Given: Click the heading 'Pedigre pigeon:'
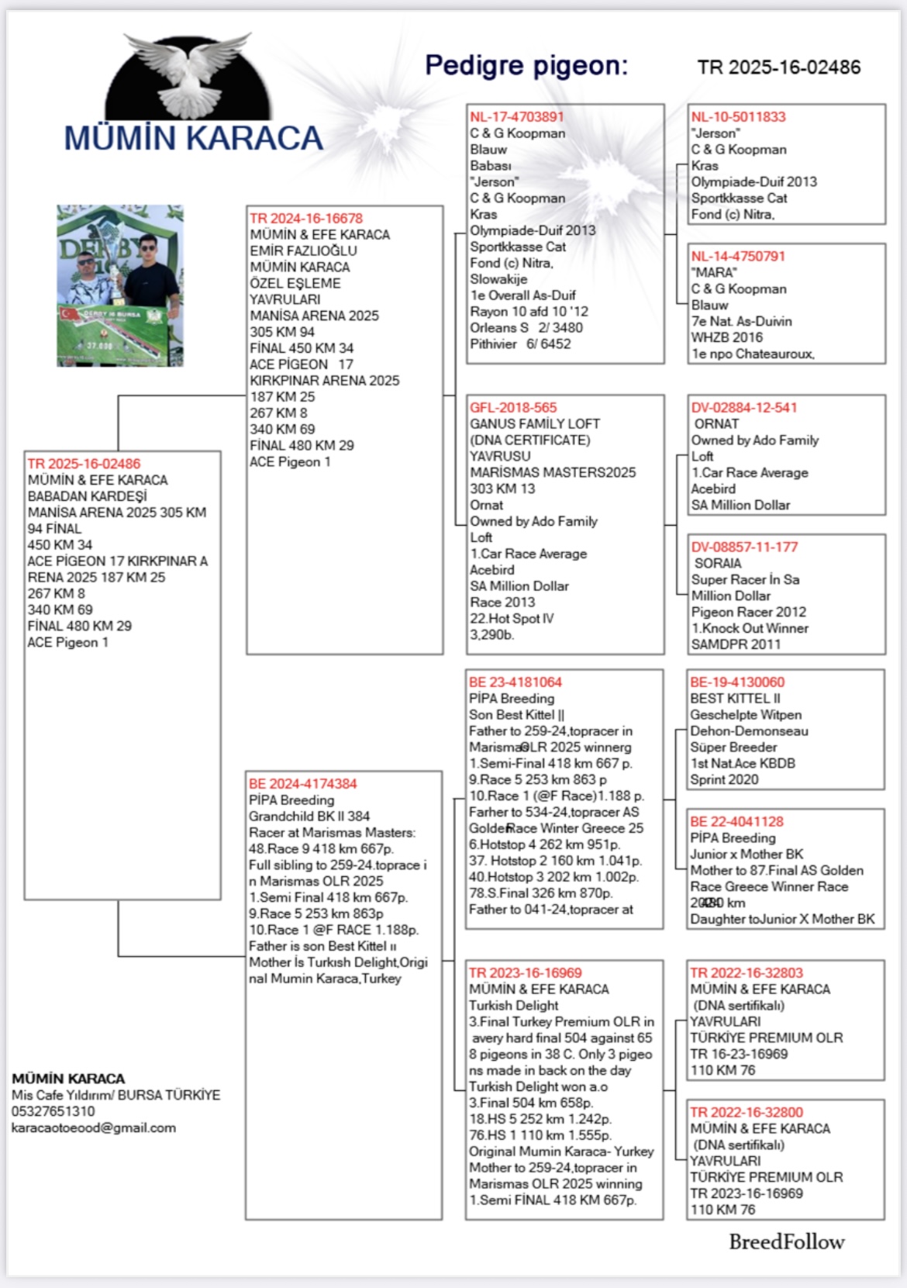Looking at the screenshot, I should (x=526, y=66).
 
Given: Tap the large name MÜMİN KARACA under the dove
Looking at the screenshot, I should (x=193, y=138).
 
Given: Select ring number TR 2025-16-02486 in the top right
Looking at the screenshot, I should (x=778, y=67).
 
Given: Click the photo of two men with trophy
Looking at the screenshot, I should (x=120, y=285).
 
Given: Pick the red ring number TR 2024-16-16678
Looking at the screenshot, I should (x=306, y=219).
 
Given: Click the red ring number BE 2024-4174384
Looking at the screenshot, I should (x=303, y=784).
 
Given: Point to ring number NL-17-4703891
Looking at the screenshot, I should (x=517, y=117).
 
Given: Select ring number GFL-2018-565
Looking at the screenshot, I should (x=513, y=408).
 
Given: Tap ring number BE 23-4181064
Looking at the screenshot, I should (x=516, y=682).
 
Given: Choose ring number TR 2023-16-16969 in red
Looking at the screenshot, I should (x=526, y=973).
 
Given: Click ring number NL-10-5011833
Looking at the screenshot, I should (x=739, y=117).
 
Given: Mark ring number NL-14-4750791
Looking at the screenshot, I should (x=739, y=257).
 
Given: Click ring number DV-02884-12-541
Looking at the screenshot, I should (x=744, y=408).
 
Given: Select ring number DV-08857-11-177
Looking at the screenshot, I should (x=744, y=547).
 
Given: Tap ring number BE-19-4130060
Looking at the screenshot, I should (x=737, y=682).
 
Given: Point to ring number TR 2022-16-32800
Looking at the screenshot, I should (x=747, y=1113).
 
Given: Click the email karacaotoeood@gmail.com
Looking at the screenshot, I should (x=94, y=1128).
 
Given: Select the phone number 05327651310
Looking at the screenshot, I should (x=53, y=1112).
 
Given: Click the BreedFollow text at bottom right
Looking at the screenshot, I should (x=786, y=1242).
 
